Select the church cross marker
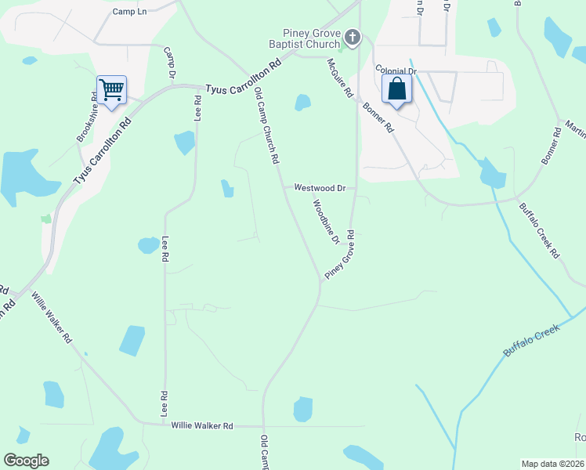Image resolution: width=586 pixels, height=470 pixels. [x=353, y=36]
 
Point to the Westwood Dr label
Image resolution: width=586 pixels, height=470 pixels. [x=320, y=188]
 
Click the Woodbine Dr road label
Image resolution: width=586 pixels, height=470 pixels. [x=326, y=222]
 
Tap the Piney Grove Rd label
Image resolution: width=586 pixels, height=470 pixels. [x=341, y=256]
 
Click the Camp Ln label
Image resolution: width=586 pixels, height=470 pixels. [x=130, y=12]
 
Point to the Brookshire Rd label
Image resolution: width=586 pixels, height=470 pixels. [x=87, y=118]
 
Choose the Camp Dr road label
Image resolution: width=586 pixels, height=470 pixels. [x=169, y=63]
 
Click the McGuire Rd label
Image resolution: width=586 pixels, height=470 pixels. [x=340, y=78]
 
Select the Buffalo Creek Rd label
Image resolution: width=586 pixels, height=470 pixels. [x=539, y=231]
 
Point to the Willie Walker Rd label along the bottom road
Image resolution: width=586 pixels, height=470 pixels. [x=202, y=425]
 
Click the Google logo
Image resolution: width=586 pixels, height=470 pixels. [x=26, y=461]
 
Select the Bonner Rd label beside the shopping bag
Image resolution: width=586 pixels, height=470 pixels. [x=378, y=117]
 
